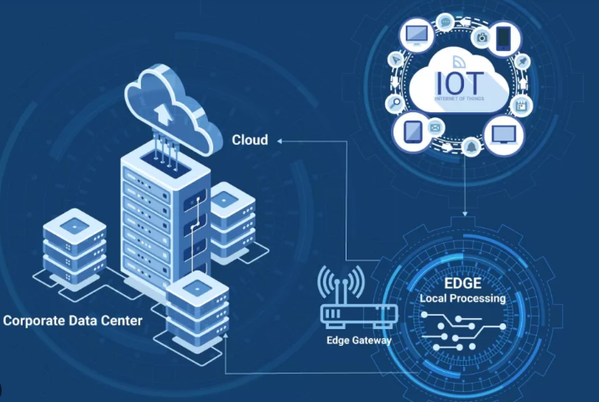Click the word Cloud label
250,140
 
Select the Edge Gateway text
359,340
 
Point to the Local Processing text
462,298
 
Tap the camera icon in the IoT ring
482,36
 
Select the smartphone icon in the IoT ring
503,37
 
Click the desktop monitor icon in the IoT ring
416,34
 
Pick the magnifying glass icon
394,104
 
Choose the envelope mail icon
435,127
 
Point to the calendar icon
521,105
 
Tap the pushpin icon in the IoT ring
521,61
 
